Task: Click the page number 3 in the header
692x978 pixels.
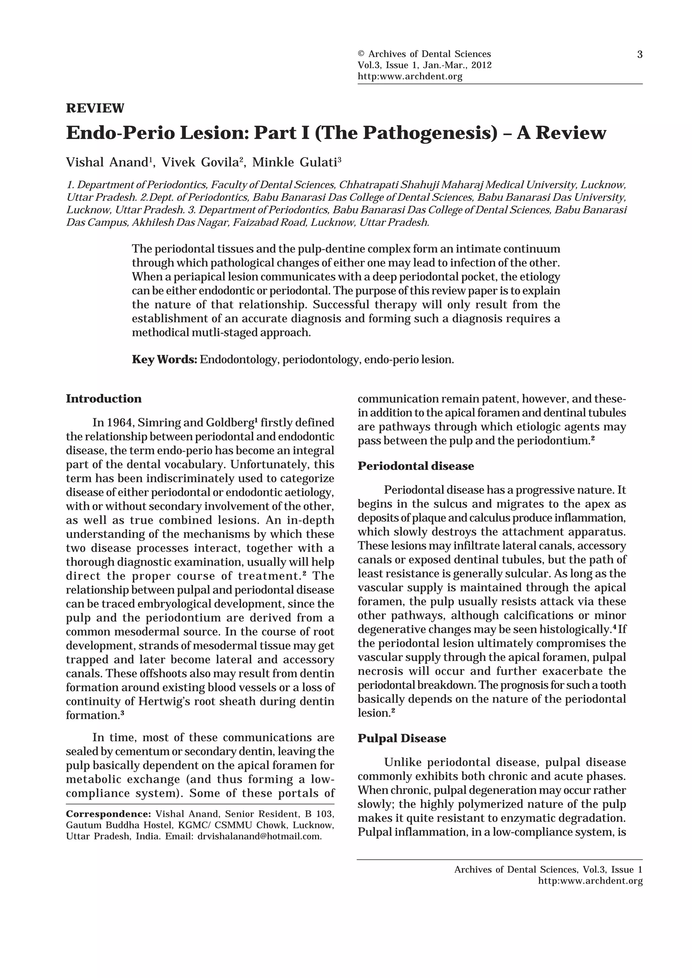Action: (640, 55)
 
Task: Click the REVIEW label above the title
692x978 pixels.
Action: (95, 108)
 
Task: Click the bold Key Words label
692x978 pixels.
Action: (164, 359)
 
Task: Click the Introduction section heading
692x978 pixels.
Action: (104, 399)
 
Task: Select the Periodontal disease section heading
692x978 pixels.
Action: (416, 466)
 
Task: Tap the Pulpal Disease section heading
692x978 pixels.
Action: (402, 738)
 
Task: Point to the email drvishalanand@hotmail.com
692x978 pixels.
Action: (259, 836)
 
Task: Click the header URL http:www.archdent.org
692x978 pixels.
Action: (410, 77)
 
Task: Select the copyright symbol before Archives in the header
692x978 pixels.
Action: (361, 54)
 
